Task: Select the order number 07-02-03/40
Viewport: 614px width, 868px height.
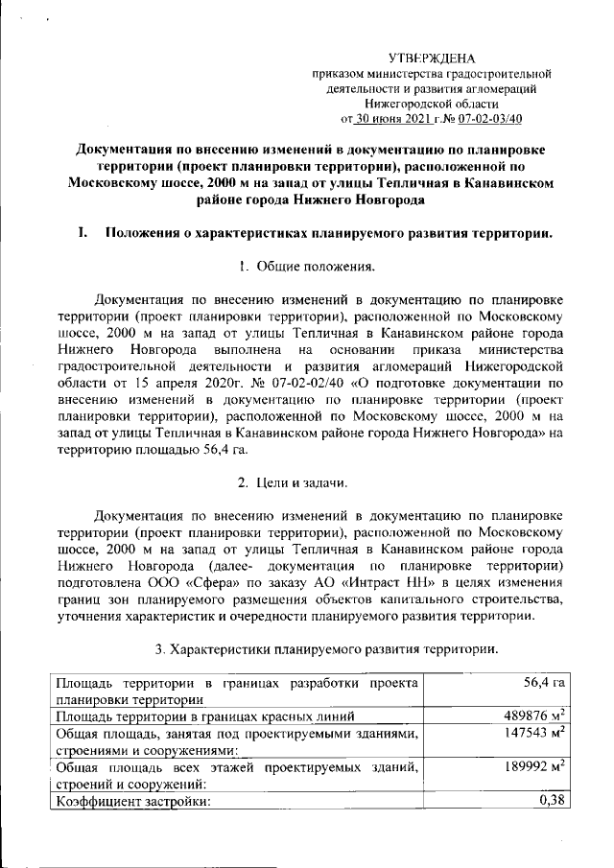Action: pyautogui.click(x=490, y=120)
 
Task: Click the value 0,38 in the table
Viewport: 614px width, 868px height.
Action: pyautogui.click(x=550, y=801)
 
